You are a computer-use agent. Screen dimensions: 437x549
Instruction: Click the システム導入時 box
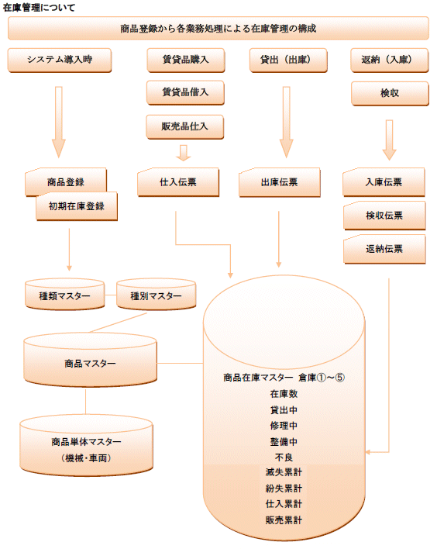click(60, 60)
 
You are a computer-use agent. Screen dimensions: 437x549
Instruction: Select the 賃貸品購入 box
click(186, 60)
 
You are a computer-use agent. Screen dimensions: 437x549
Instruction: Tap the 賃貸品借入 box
click(185, 93)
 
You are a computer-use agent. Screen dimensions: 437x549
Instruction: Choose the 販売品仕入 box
click(184, 126)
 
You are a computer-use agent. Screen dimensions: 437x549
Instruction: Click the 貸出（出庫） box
click(288, 60)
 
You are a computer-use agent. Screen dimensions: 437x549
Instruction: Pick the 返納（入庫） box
click(390, 60)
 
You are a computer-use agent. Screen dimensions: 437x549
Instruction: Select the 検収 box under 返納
click(390, 94)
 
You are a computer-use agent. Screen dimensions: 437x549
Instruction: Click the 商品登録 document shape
click(66, 181)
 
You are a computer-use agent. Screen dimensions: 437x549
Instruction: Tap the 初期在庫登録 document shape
click(77, 206)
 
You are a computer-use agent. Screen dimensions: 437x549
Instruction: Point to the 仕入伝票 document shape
click(178, 182)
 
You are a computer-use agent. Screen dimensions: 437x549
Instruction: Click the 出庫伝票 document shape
click(280, 182)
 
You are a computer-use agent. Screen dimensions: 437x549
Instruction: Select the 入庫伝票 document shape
click(384, 182)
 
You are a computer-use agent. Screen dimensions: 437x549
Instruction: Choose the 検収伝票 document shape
click(384, 216)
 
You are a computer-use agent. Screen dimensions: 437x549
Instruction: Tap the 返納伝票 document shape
click(384, 249)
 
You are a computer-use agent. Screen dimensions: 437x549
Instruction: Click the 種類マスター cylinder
click(65, 295)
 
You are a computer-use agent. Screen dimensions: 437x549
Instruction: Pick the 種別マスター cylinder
click(156, 295)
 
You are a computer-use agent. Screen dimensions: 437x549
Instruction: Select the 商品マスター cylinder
click(91, 360)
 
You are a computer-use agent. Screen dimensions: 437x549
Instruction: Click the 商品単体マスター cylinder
click(87, 445)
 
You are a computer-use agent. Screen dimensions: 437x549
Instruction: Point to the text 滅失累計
click(284, 472)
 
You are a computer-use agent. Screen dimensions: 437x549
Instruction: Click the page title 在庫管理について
click(39, 7)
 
